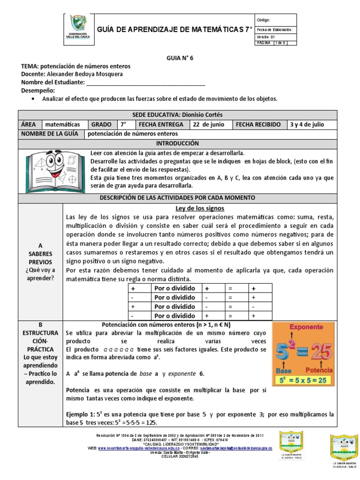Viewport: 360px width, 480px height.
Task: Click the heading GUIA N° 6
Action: [180, 58]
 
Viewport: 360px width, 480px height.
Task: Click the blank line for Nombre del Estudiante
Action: [146, 82]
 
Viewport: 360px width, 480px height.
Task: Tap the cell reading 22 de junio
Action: [209, 125]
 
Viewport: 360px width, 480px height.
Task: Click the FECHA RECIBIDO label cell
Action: [258, 125]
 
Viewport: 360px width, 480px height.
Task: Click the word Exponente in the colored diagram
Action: [305, 326]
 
